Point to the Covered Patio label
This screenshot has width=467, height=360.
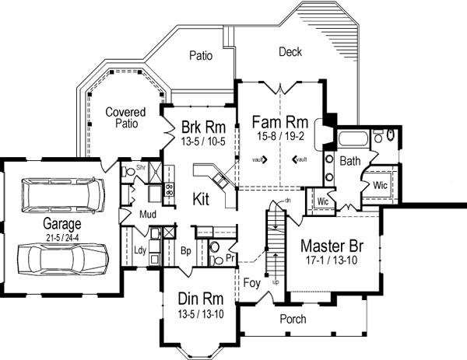(x=121, y=117)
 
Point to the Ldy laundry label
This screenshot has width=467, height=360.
(x=141, y=250)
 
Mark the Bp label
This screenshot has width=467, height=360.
(x=185, y=252)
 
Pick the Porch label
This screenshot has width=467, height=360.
(x=292, y=319)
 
